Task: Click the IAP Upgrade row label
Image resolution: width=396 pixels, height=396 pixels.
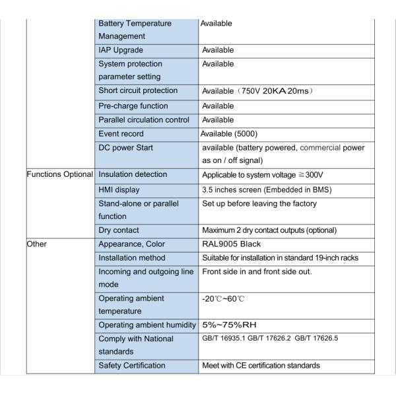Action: tap(121, 50)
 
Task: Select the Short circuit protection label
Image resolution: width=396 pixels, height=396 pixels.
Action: tap(138, 90)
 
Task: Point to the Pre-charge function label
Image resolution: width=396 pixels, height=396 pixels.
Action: tap(133, 106)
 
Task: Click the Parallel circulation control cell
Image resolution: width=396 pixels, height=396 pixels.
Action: tap(143, 120)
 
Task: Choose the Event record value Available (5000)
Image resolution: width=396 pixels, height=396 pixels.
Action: tap(234, 134)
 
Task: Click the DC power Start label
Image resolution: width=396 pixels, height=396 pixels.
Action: tap(125, 148)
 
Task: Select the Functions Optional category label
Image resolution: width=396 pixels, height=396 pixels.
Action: tap(59, 175)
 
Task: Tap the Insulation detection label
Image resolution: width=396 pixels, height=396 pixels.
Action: tap(133, 175)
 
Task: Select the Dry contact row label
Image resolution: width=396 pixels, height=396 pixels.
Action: tap(119, 230)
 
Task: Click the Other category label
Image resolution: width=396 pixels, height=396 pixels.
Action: tap(37, 244)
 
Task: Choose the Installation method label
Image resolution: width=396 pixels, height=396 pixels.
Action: tap(132, 257)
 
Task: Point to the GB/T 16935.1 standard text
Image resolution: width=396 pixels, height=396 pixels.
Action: tap(227, 339)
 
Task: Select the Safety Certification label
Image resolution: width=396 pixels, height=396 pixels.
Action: tap(132, 366)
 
